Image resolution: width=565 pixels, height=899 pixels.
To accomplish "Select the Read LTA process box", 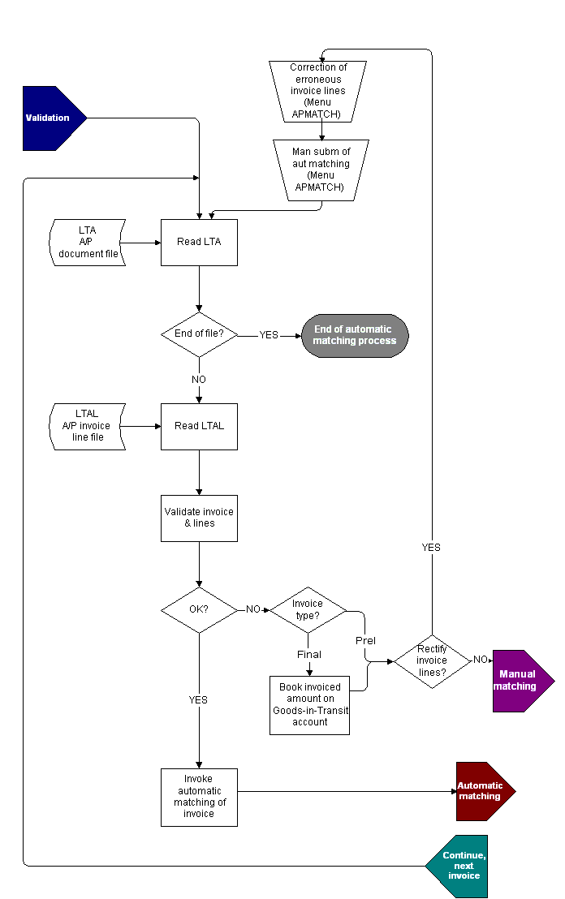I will point(199,242).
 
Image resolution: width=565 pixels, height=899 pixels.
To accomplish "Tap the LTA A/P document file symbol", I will point(88,242).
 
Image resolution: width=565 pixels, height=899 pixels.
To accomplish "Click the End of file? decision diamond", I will point(199,334).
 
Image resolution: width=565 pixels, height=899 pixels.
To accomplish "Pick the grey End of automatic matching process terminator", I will point(355,335).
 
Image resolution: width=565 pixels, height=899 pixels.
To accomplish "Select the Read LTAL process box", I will point(199,426).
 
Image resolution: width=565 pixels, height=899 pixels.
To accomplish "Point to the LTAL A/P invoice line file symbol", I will point(88,426).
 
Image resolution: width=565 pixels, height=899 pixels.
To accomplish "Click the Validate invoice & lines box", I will point(199,518).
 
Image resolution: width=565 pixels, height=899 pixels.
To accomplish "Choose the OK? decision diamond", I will point(199,610).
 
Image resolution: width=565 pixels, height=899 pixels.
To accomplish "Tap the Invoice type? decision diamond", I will point(308,610).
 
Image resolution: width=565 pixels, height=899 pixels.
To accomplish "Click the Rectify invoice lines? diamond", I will point(432,660).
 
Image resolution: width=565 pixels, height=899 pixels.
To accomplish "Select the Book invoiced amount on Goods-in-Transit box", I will point(309,704).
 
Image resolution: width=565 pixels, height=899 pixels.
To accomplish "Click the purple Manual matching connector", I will point(520,681).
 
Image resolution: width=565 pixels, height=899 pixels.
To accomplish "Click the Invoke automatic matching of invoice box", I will point(199,797).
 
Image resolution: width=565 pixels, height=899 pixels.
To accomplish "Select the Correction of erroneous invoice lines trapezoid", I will point(318,91).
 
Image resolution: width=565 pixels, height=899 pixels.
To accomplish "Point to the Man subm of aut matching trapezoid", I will point(321,170).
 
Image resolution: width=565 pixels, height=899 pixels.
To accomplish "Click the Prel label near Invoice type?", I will point(366,641).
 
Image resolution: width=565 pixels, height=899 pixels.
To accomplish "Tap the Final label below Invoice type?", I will point(308,654).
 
